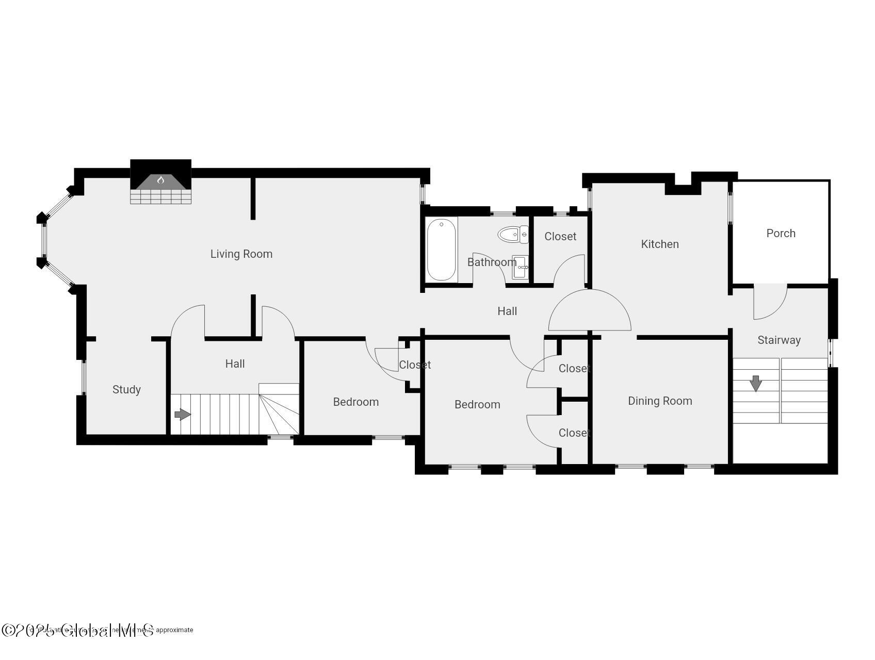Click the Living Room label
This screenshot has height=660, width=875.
tap(241, 254)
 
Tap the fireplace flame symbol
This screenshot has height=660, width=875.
tap(160, 180)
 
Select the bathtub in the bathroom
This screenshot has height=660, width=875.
tap(441, 250)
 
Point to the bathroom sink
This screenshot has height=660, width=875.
tap(521, 267)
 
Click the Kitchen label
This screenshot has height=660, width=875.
tap(659, 244)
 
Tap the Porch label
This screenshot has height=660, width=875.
tap(781, 233)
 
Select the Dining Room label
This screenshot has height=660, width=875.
tap(659, 401)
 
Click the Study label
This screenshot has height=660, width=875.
tap(126, 389)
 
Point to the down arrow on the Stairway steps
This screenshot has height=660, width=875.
tap(756, 384)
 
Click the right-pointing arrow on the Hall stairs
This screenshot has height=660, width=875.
tap(183, 414)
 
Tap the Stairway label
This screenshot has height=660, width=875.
tap(779, 340)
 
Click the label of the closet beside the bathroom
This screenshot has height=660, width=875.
tap(560, 236)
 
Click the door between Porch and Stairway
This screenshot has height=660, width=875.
tap(770, 302)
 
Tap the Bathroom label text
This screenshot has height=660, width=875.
tap(492, 262)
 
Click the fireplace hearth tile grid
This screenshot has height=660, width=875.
tap(160, 196)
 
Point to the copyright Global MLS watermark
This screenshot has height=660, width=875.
tap(77, 630)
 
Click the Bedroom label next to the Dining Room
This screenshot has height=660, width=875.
tap(477, 404)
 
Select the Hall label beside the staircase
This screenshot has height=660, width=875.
tap(235, 364)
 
